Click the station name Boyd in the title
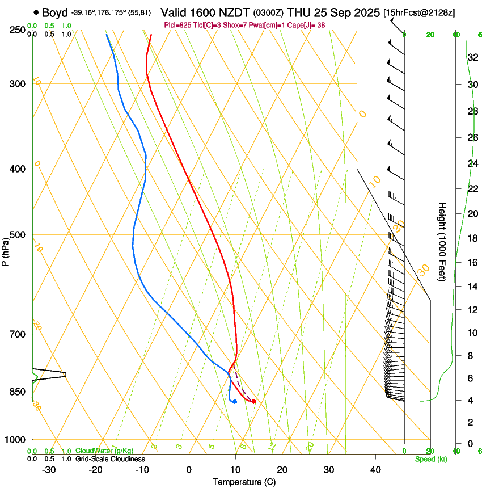tap(55, 12)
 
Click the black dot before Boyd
tap(36, 12)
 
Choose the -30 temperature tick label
tap(49, 469)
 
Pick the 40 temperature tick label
tap(375, 469)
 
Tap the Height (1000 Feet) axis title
tap(443, 242)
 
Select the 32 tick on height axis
tap(471, 57)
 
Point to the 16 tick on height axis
tap(471, 263)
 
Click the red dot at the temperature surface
tap(253, 402)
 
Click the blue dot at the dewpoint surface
tap(234, 402)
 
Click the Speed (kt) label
tap(431, 459)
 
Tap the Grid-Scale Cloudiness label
tap(110, 458)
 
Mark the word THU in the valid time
tap(299, 12)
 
